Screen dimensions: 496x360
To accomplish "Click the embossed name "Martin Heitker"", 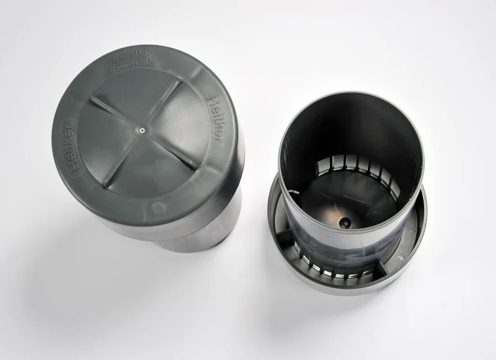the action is (133, 66).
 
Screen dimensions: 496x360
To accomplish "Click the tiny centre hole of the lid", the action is (142, 130).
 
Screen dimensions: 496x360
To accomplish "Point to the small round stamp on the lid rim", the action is (157, 208).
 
